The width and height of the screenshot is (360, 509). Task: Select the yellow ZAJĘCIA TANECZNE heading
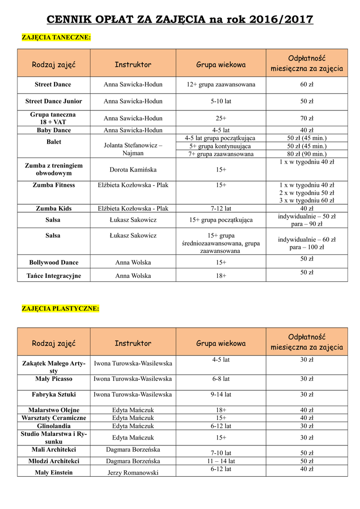pyautogui.click(x=56, y=37)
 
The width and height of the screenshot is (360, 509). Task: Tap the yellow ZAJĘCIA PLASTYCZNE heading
pyautogui.click(x=60, y=309)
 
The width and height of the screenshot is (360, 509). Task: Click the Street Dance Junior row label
pyautogui.click(x=54, y=101)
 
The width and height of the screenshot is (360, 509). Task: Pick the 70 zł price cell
pyautogui.click(x=307, y=118)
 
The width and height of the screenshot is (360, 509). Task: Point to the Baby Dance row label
pyautogui.click(x=54, y=130)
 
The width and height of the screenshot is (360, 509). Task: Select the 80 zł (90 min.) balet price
pyautogui.click(x=307, y=154)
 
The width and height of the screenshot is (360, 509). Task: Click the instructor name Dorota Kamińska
pyautogui.click(x=133, y=170)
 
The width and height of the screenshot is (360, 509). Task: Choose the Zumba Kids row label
pyautogui.click(x=54, y=209)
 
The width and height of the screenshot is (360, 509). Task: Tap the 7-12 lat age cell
pyautogui.click(x=221, y=209)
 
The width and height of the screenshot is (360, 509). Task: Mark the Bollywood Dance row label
pyautogui.click(x=54, y=262)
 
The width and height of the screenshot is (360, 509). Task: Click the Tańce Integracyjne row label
pyautogui.click(x=54, y=276)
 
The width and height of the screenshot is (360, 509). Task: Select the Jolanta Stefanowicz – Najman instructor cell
pyautogui.click(x=133, y=150)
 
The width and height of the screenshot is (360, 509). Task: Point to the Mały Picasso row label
pyautogui.click(x=54, y=379)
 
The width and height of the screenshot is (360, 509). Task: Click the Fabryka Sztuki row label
pyautogui.click(x=54, y=395)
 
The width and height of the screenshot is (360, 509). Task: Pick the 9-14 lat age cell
pyautogui.click(x=221, y=395)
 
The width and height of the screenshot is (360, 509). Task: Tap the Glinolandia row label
pyautogui.click(x=54, y=426)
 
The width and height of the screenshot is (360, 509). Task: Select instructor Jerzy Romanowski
pyautogui.click(x=133, y=473)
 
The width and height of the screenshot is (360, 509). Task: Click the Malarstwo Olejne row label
pyautogui.click(x=54, y=410)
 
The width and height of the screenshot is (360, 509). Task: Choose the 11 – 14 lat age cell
pyautogui.click(x=221, y=461)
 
